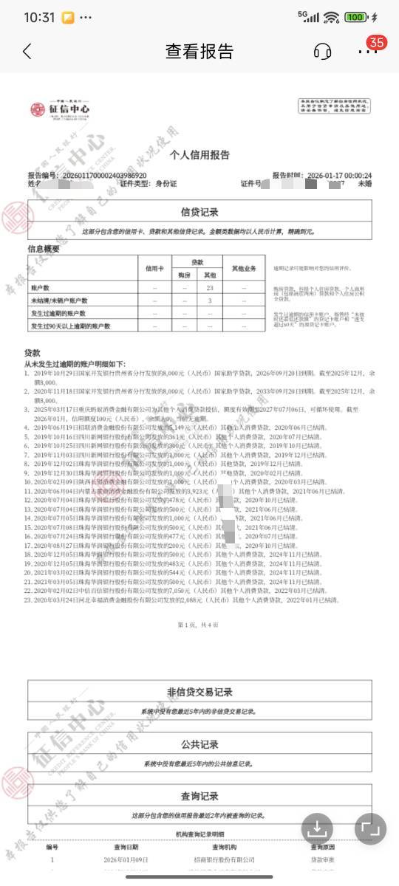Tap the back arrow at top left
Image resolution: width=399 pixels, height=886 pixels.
[27, 51]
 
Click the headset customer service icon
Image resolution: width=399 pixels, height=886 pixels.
[322, 51]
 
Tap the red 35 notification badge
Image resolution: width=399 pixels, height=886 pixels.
[377, 42]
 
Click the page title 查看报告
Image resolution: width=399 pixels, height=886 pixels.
[199, 51]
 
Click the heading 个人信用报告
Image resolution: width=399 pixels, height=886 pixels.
[199, 155]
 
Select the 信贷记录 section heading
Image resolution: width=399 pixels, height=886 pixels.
[199, 212]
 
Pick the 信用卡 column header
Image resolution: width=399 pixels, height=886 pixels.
[154, 267]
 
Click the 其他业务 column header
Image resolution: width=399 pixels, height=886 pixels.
[244, 267]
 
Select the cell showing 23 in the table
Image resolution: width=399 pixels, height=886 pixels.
[210, 287]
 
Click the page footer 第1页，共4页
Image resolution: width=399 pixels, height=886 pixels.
[199, 625]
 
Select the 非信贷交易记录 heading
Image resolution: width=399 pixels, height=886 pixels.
[199, 692]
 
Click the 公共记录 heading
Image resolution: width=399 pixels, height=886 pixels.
[199, 744]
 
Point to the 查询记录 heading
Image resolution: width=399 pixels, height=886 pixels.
[199, 796]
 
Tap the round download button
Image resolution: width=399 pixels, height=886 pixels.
[317, 828]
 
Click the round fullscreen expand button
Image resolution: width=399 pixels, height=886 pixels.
[370, 828]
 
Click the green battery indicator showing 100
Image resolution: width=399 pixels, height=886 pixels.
[355, 17]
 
